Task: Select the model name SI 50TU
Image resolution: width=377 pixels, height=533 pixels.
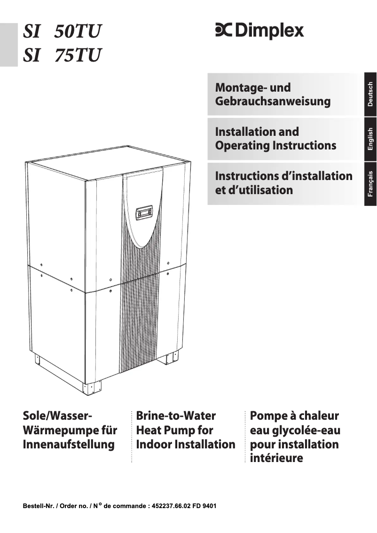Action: (62, 32)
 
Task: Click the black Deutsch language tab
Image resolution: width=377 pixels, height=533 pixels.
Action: (370, 94)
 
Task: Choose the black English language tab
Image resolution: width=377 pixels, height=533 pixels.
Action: (370, 139)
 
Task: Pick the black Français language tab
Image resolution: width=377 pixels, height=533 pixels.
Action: (370, 184)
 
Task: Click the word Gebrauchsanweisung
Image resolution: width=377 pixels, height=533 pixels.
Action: (273, 102)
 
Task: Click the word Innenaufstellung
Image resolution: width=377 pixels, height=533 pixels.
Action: (69, 445)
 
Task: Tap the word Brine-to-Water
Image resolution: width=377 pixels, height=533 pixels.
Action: (176, 416)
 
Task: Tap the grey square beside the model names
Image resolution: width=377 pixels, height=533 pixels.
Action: (8, 45)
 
